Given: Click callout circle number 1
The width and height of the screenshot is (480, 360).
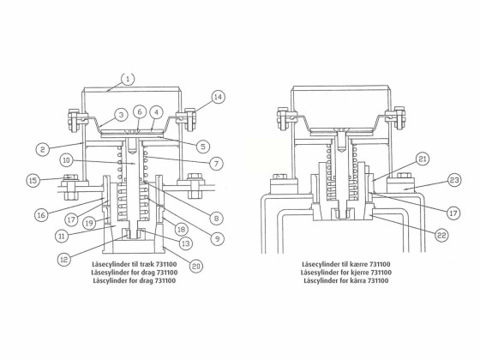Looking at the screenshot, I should pyautogui.click(x=127, y=78).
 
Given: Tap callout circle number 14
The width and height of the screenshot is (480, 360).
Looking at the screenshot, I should pyautogui.click(x=217, y=98).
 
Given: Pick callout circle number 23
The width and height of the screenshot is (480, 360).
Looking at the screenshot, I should pyautogui.click(x=453, y=181).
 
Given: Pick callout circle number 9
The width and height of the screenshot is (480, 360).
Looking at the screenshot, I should pyautogui.click(x=217, y=238).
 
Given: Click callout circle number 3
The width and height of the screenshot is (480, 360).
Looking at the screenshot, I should pyautogui.click(x=120, y=114).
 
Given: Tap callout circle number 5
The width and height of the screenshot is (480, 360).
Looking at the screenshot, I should pyautogui.click(x=202, y=147).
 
